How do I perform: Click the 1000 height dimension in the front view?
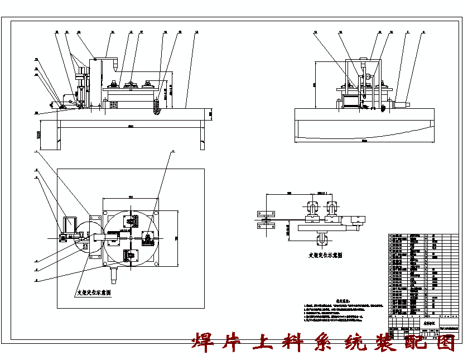pyautogui.click(x=38, y=135)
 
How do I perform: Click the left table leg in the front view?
pyautogui.click(x=57, y=136)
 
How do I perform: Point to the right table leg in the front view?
pyautogui.click(x=201, y=137)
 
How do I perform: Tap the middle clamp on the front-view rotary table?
pyautogui.click(x=132, y=85)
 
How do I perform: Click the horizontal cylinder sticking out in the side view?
pyautogui.click(x=401, y=103)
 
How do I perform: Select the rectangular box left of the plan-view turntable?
pyautogui.click(x=71, y=225)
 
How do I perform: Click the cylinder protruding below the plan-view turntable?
pyautogui.click(x=115, y=273)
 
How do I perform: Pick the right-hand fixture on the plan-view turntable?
pyautogui.click(x=148, y=238)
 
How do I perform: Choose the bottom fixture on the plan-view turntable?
pyautogui.click(x=131, y=257)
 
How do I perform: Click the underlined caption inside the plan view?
pyautogui.click(x=93, y=292)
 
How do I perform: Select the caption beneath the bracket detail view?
pyautogui.click(x=325, y=255)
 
